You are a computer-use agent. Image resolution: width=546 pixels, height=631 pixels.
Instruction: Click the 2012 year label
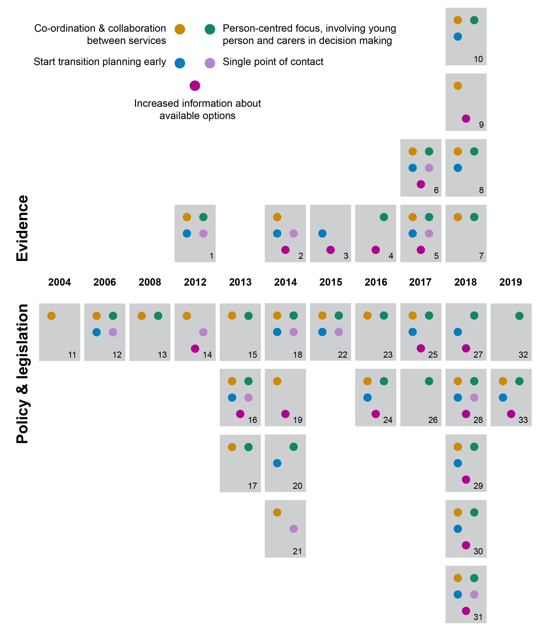195,282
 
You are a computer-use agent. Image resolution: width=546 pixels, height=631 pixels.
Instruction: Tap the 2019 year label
511,282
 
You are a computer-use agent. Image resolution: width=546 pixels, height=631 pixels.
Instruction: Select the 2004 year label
59,282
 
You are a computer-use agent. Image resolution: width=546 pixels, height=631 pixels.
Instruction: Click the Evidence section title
22,228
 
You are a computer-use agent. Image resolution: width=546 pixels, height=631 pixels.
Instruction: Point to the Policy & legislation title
22,373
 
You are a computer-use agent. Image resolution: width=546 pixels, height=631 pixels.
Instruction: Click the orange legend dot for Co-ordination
180,29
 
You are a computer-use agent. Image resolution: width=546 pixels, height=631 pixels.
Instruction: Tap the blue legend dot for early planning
180,63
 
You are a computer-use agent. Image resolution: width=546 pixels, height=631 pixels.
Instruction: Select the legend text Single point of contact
273,62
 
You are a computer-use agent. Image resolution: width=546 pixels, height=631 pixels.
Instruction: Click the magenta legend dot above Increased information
195,86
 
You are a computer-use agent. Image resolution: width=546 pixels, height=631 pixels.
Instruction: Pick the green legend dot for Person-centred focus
210,29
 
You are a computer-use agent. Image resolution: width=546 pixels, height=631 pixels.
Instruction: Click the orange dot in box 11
52,316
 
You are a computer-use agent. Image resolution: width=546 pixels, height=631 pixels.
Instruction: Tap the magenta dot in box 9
466,118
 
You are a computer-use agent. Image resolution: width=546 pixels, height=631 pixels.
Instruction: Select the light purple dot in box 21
293,529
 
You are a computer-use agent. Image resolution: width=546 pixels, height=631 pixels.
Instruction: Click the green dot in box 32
519,316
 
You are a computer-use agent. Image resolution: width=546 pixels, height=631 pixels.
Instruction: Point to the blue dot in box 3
322,234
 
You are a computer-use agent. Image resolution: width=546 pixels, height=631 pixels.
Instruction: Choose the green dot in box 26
429,381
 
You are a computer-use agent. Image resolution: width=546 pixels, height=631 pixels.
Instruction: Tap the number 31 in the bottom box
478,617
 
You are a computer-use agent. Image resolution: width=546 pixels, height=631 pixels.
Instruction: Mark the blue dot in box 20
277,463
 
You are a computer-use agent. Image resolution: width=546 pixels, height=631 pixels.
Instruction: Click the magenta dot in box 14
195,348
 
